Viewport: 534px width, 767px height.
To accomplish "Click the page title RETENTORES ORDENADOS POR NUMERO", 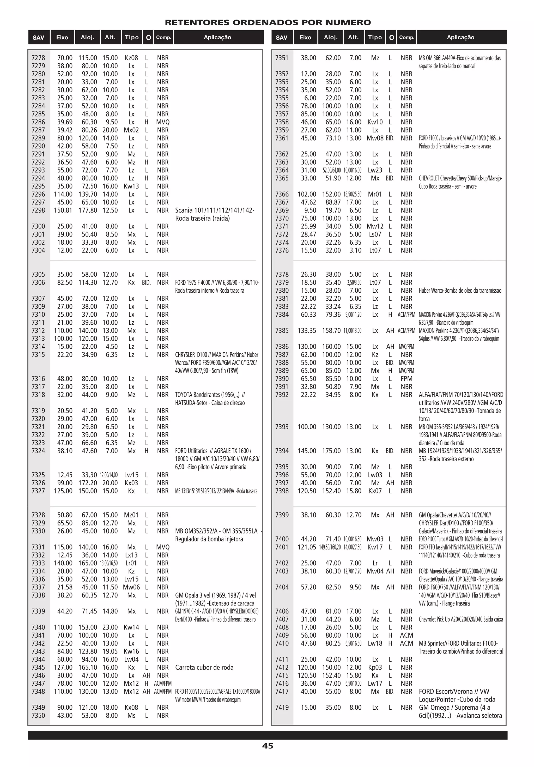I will point(268,22).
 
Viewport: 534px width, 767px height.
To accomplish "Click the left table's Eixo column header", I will point(62,37).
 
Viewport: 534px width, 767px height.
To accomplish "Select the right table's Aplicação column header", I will point(460,37).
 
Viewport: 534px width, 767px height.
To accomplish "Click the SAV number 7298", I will point(38,210).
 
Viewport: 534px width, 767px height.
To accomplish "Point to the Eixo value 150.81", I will point(63,210).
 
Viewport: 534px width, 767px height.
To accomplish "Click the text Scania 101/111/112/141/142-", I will point(214,210).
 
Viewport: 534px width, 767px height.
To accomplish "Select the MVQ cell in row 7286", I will point(163,122).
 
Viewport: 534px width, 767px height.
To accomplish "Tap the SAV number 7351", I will point(282,58).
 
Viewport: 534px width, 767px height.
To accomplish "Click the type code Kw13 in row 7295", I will point(131,186).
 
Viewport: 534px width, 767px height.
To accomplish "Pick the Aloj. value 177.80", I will point(88,210).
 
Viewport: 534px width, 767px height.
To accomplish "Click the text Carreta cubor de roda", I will point(204,667).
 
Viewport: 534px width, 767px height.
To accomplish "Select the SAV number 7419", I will point(282,707).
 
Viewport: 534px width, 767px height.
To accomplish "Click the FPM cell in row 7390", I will point(406,378).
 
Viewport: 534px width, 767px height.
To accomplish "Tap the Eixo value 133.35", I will point(307,330).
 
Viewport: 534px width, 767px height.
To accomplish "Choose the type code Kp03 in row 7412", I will point(375,667).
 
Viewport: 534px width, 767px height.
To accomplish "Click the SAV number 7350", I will point(38,715).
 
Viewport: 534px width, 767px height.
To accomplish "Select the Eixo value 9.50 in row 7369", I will point(310,210).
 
